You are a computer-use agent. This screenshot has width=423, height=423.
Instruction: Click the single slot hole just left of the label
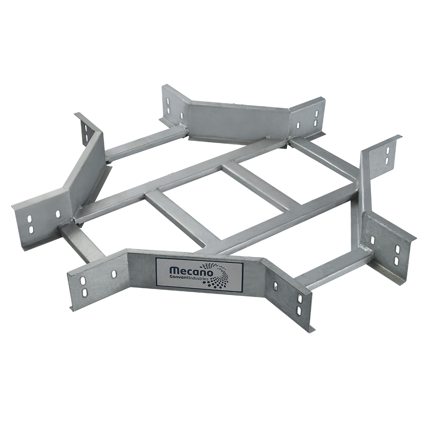point(113,275)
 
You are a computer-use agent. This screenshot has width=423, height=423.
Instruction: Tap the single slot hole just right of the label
point(276,285)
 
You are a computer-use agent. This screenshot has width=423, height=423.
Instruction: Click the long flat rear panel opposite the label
point(238,120)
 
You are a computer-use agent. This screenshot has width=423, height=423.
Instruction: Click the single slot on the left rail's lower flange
point(57,214)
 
